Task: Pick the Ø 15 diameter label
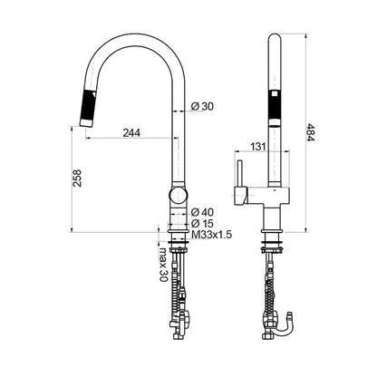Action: pos(203,224)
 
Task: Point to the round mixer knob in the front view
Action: pos(179,195)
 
